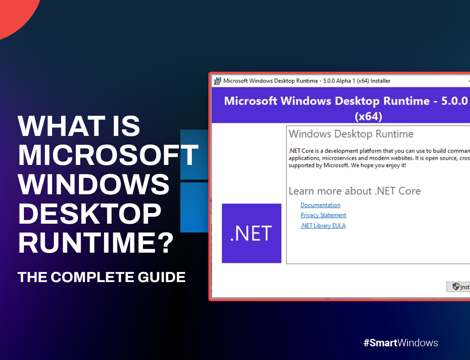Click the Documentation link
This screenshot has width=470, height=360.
(x=320, y=205)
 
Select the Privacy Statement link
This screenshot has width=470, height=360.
(x=323, y=215)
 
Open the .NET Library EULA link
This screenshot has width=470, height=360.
(x=323, y=226)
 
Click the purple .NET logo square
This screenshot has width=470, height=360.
(x=251, y=233)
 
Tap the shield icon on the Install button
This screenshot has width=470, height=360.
(x=456, y=286)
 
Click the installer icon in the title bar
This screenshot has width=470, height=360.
(x=217, y=81)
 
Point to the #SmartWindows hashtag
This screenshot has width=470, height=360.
(x=401, y=343)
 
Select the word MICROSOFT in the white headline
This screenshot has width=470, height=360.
(x=108, y=155)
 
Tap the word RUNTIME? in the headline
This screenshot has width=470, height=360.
(x=96, y=243)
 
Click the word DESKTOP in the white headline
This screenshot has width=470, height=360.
(x=90, y=214)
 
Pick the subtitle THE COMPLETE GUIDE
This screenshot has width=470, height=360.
(x=101, y=277)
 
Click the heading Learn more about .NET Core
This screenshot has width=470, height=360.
(x=354, y=191)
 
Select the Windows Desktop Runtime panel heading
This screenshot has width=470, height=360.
(x=351, y=134)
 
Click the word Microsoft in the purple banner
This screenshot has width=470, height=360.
(x=251, y=101)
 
